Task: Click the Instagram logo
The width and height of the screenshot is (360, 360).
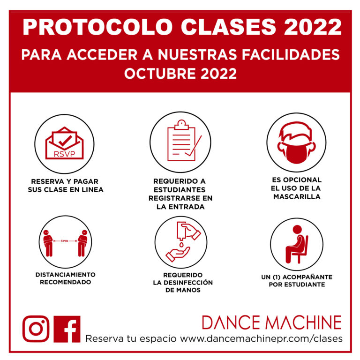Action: point(36,329)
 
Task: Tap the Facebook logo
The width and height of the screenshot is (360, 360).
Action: point(67,329)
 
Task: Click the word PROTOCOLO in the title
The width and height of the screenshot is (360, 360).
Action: point(97,27)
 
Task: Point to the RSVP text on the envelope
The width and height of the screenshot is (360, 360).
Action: point(65,154)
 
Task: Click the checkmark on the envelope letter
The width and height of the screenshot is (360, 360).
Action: point(65,141)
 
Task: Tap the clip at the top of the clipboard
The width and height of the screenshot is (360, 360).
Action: point(181,125)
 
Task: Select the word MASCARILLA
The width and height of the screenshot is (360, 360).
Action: point(297,197)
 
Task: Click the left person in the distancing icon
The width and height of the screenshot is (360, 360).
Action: point(48,243)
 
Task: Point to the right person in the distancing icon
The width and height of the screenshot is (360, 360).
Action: point(82,243)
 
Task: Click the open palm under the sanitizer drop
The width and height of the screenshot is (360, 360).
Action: point(178,254)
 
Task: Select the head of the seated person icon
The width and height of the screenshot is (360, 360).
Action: point(297,229)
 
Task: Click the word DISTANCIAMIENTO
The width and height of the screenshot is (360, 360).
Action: point(66,275)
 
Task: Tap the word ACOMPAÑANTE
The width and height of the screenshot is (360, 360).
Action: point(307,277)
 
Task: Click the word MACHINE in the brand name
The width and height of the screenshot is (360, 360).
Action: point(303,322)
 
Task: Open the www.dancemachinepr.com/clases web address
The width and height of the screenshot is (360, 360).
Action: point(261,338)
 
